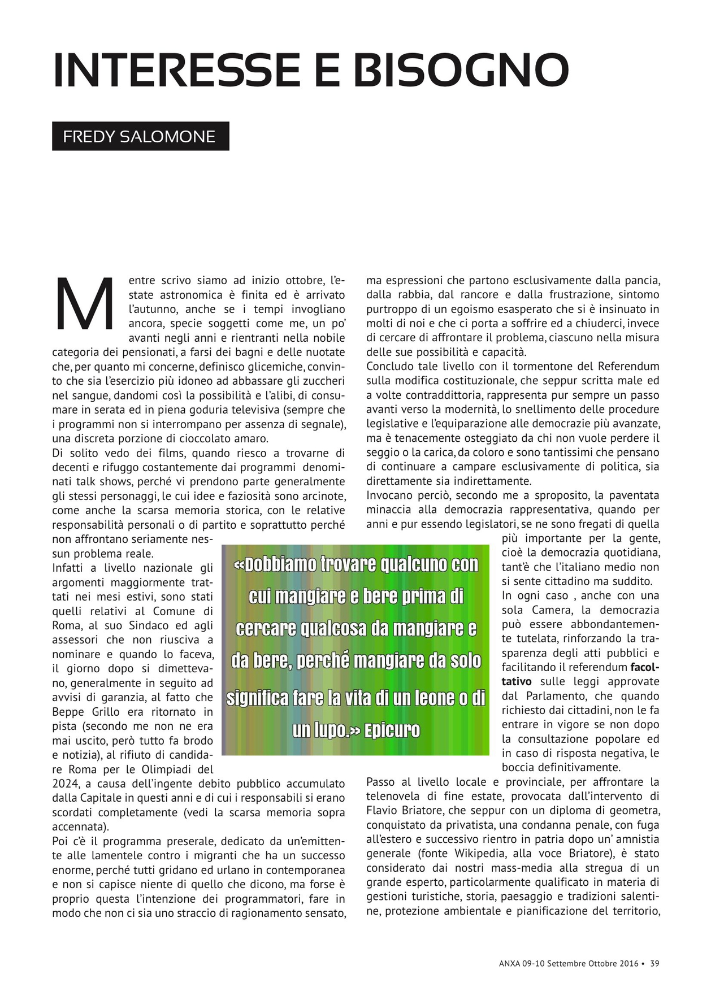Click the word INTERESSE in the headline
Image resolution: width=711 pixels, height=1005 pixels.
coord(176,70)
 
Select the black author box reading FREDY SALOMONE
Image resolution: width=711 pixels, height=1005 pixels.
coord(140,136)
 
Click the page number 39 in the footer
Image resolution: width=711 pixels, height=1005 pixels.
coord(654,963)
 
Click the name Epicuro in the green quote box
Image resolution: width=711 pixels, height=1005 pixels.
coord(392,730)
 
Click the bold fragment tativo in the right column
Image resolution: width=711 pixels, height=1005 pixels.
coord(517,682)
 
